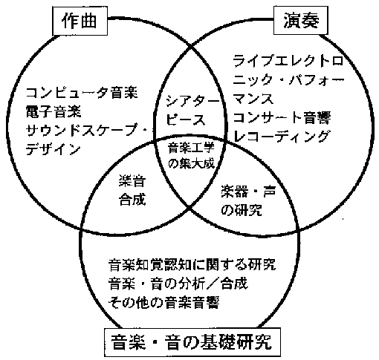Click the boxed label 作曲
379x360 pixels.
pyautogui.click(x=80, y=21)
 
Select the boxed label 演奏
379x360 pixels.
pyautogui.click(x=301, y=20)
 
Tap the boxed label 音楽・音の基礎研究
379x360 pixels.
pyautogui.click(x=192, y=342)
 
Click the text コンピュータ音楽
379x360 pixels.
pyautogui.click(x=82, y=93)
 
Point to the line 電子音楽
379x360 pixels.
pyautogui.click(x=54, y=111)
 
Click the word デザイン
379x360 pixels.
pyautogui.click(x=54, y=149)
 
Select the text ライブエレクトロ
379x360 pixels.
pyautogui.click(x=288, y=61)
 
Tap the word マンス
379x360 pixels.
pyautogui.click(x=253, y=99)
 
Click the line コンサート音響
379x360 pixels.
pyautogui.click(x=282, y=118)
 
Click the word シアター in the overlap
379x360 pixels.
pyautogui.click(x=193, y=101)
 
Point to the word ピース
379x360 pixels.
pyautogui.click(x=187, y=120)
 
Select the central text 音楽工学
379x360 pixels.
pyautogui.click(x=191, y=148)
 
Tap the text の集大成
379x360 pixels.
pyautogui.click(x=192, y=163)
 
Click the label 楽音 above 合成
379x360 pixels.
pyautogui.click(x=132, y=181)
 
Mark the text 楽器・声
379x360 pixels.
pyautogui.click(x=248, y=192)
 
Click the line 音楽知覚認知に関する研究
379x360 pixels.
pyautogui.click(x=192, y=265)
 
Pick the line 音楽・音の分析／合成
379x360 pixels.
pyautogui.click(x=178, y=284)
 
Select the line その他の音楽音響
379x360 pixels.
pyautogui.click(x=164, y=302)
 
